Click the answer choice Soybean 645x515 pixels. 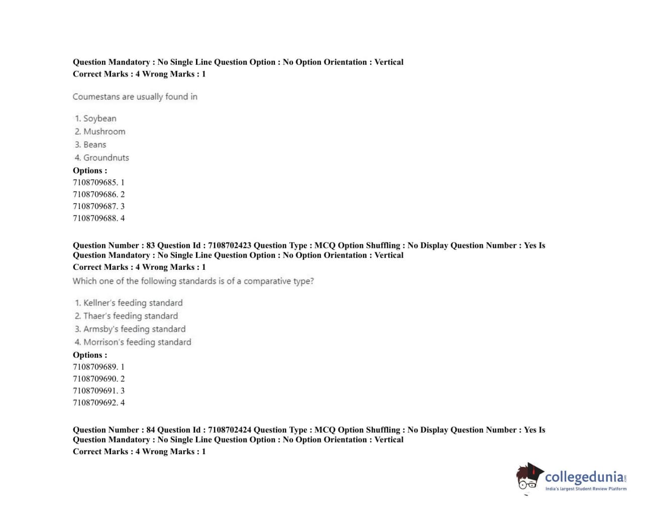click(x=99, y=119)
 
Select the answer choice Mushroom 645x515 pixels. click(x=104, y=132)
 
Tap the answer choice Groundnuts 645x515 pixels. click(x=106, y=158)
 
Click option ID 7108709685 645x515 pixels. click(x=95, y=182)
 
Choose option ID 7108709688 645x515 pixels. click(x=95, y=218)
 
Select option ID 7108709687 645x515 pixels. click(x=95, y=206)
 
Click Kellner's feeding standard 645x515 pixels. click(x=133, y=303)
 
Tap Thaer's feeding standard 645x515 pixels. click(x=130, y=316)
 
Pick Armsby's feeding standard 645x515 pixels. click(x=134, y=329)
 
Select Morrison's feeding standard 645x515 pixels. click(x=137, y=342)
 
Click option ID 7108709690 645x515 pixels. click(x=95, y=379)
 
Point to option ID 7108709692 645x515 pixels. click(x=95, y=402)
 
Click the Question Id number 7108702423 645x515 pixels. click(x=230, y=245)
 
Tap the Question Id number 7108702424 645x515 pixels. click(x=230, y=430)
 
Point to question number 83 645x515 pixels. click(x=151, y=245)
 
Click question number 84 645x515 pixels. click(x=151, y=430)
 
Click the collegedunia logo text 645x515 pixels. click(x=585, y=477)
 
